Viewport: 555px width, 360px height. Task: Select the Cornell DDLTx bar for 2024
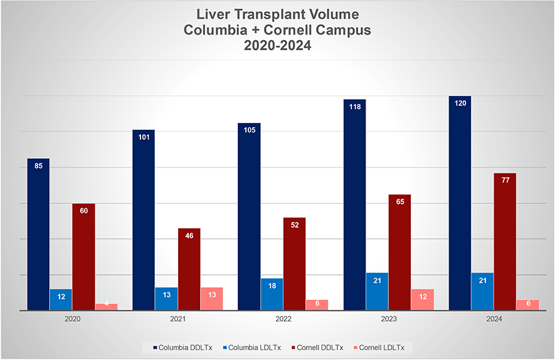pos(505,241)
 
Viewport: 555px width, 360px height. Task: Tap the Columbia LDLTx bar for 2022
pos(272,294)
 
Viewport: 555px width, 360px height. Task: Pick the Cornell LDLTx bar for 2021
pos(211,299)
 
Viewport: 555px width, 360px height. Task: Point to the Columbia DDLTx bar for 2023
pos(354,204)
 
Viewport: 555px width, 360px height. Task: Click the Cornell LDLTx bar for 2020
pos(106,307)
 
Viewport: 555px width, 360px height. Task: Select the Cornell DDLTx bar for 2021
pos(189,269)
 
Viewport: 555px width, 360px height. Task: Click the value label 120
pos(460,103)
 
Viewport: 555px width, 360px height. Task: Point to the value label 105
pos(249,130)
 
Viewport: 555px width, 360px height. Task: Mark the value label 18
pos(272,285)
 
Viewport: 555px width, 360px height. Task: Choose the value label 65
pos(399,202)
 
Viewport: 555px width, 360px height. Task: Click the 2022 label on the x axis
pos(283,319)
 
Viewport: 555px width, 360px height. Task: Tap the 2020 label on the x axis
pos(72,319)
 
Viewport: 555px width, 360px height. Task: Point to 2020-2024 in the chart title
pos(277,45)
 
